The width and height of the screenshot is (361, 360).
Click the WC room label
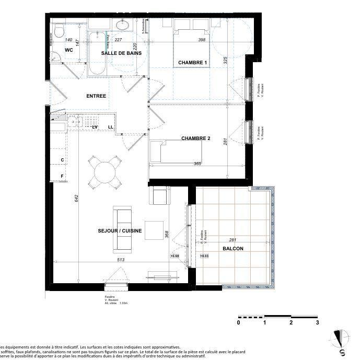pos(68,50)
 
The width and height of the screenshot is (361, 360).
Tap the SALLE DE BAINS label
pos(121,53)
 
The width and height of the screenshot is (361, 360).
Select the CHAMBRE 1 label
pos(193,63)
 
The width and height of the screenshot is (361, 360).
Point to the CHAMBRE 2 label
pos(196,138)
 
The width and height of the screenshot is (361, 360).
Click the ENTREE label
pos(96,96)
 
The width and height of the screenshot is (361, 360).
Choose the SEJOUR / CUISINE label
pos(120,230)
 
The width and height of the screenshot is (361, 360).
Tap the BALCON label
pos(232,249)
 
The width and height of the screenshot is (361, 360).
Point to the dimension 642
pos(76,198)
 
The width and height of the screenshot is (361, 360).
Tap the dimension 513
pos(120,260)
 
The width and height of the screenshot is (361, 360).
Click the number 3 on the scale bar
pos(317,322)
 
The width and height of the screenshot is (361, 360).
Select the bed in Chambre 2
pos(176,152)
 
